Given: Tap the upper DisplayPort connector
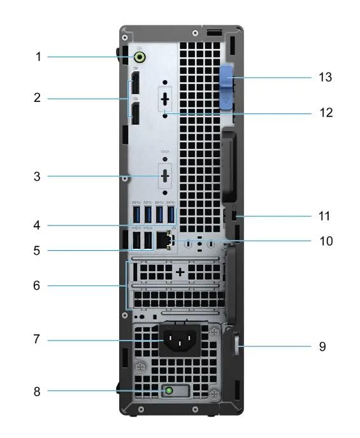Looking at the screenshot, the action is pos(136,83).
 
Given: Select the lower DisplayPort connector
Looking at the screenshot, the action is pos(136,113).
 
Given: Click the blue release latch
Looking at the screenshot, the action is pos(226,87).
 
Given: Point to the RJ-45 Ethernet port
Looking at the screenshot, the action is pos(164,240).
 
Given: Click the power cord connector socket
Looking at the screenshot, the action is pos(180,340).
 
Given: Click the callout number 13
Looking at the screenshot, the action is pos(326,77).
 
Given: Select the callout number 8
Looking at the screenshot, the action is pos(37,392).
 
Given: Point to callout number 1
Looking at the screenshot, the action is pos(39,57).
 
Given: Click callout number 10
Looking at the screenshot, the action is pos(326,241).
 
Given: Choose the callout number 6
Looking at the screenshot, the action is pos(36,285).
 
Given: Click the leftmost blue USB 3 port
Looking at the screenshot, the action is pos(136,215).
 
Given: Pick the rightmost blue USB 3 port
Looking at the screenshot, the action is pos(171,215).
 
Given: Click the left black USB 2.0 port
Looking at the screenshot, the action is pos(136,240).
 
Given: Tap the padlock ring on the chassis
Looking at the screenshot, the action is pos(236,344).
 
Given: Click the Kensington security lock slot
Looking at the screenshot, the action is pos(234,216).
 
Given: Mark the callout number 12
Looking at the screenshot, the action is pos(326,113).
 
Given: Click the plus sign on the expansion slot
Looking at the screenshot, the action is pos(180,272).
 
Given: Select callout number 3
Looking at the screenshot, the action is pos(37,176).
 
